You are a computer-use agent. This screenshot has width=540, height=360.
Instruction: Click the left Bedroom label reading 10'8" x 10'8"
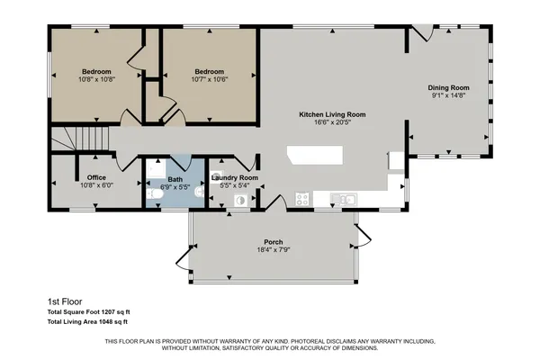96,72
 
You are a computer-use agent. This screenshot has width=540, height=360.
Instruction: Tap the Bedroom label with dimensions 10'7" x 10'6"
210,72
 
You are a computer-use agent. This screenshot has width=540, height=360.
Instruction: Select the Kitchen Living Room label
332,114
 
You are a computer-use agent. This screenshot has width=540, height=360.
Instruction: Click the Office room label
96,177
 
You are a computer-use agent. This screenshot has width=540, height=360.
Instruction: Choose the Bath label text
174,178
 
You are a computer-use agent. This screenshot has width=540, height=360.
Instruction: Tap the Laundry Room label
234,178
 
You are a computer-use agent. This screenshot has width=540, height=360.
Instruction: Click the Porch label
274,242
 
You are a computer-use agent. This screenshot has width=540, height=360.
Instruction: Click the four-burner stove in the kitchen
301,197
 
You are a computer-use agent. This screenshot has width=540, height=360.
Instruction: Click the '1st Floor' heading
64,302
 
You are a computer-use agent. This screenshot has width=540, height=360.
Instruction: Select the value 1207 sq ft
111,312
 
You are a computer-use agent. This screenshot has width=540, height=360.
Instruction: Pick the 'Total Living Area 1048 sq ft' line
87,321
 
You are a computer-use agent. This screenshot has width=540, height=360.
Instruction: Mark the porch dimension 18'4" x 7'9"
274,250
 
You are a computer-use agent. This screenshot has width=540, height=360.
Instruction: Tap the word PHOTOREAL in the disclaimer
293,342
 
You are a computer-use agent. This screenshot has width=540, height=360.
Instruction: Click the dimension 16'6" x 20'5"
332,123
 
